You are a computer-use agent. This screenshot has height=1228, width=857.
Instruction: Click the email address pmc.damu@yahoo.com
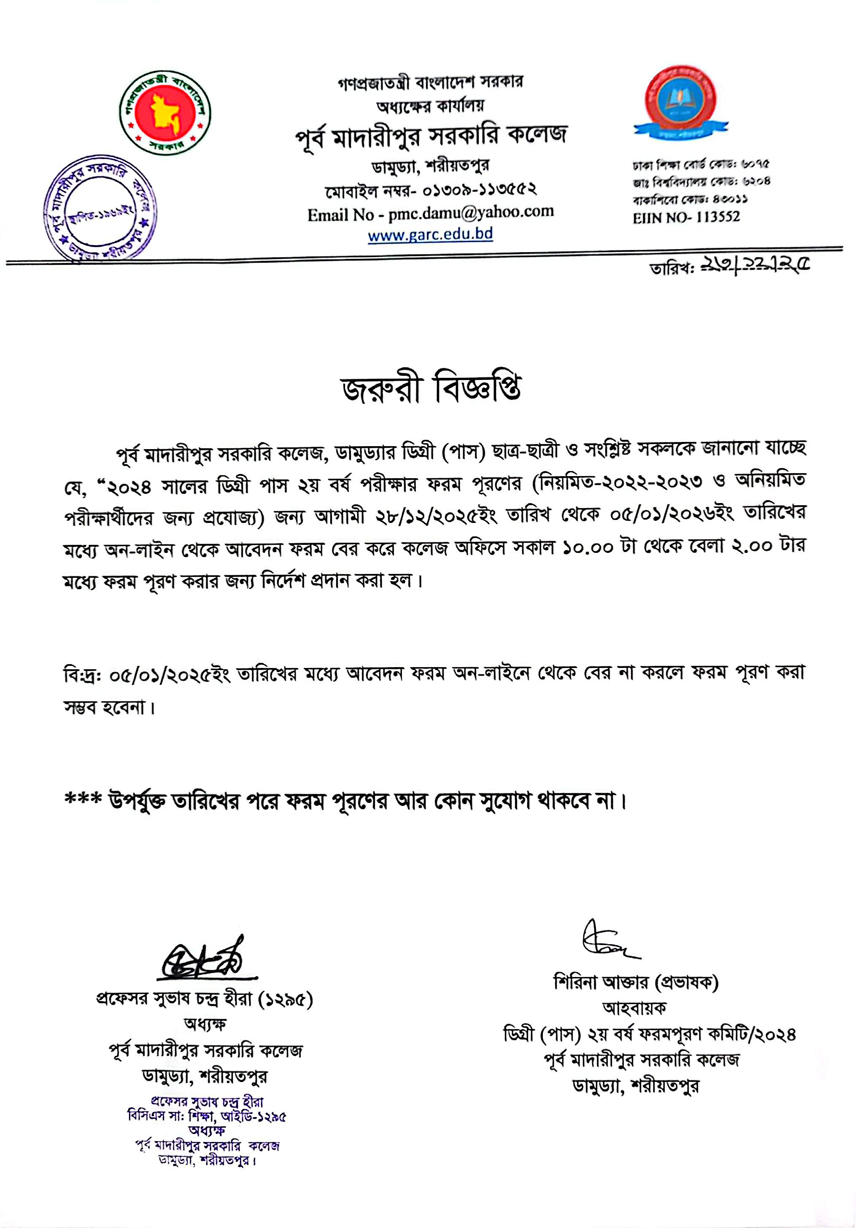pos(471,213)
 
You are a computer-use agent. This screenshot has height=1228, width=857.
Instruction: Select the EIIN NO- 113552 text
pos(686,217)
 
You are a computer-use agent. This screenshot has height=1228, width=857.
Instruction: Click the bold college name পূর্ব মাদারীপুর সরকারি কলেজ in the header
pos(431,136)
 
